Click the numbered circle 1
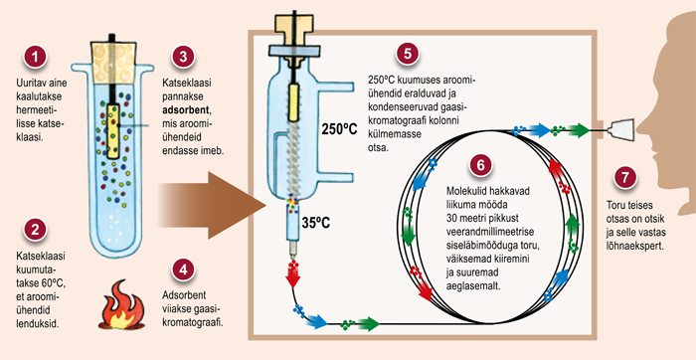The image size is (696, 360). (x=35, y=58)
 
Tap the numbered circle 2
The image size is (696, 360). (x=35, y=231)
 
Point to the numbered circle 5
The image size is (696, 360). (x=407, y=55)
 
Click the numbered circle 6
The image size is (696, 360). (x=480, y=165)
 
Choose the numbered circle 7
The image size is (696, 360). (x=625, y=178)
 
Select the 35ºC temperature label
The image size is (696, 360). (x=315, y=222)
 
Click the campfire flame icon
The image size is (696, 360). (x=120, y=304)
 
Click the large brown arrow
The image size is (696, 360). (x=211, y=206)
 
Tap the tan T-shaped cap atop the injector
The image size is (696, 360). (x=293, y=28)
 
